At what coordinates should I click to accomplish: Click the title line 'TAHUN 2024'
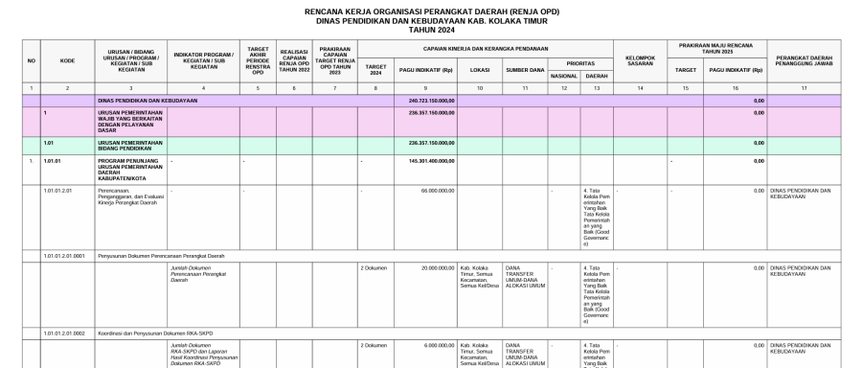430,29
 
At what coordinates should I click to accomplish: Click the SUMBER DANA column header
525,69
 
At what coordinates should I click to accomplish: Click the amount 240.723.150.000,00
430,100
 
